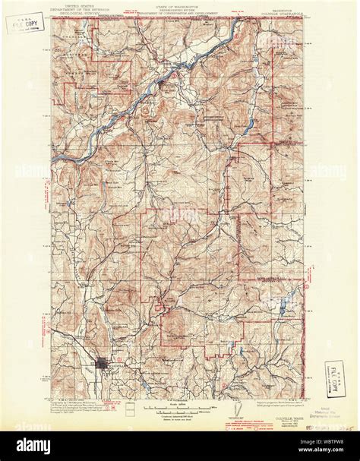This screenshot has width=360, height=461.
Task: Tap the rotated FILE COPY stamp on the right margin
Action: click(x=332, y=376)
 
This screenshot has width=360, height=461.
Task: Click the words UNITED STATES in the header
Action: click(x=78, y=4)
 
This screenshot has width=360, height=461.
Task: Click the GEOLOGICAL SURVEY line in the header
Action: click(x=78, y=12)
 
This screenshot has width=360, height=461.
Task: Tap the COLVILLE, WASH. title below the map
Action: click(x=286, y=404)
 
